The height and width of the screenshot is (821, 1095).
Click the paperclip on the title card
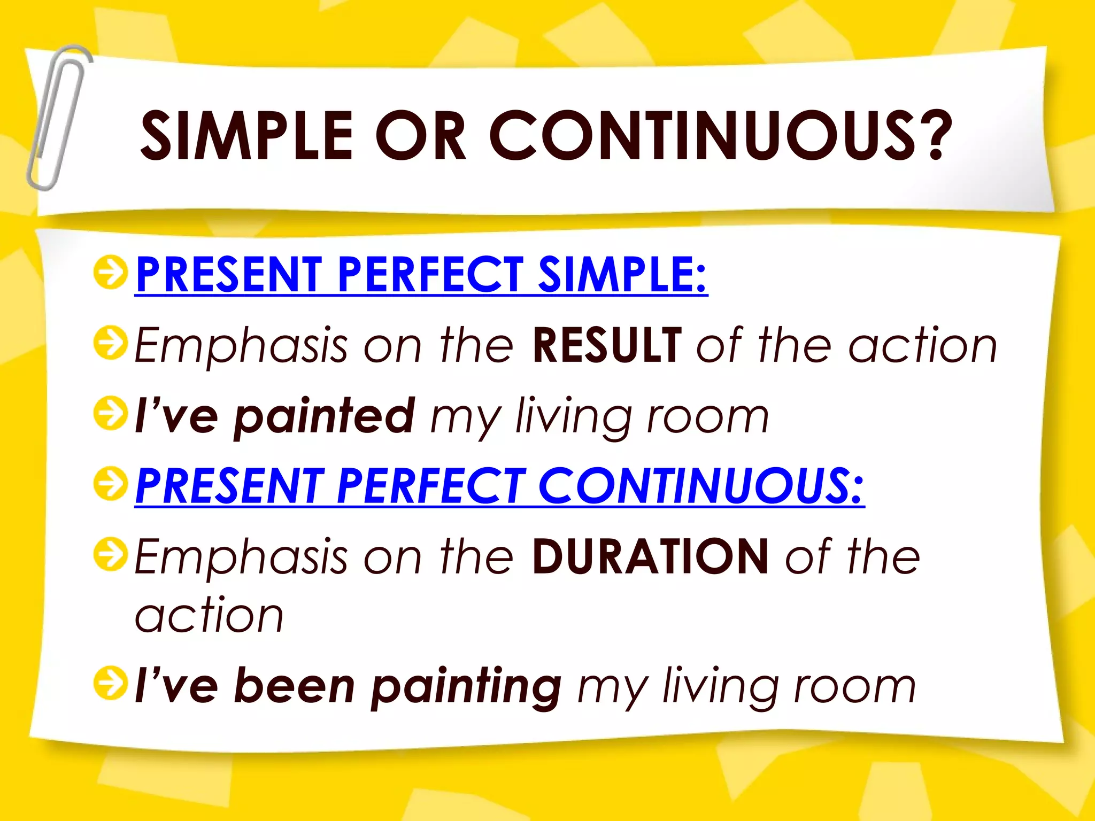(x=58, y=118)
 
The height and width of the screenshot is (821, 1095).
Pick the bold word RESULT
(x=607, y=345)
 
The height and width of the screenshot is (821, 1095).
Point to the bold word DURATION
(x=650, y=556)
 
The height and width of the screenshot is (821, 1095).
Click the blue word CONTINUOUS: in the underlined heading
(x=701, y=485)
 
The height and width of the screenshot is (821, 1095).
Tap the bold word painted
(x=325, y=416)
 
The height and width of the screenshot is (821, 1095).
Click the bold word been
(x=295, y=687)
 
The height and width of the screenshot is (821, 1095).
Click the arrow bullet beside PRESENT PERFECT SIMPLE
(x=111, y=272)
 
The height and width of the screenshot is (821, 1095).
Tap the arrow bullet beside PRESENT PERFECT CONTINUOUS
(x=111, y=484)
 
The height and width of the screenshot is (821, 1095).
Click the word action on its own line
(x=209, y=616)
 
